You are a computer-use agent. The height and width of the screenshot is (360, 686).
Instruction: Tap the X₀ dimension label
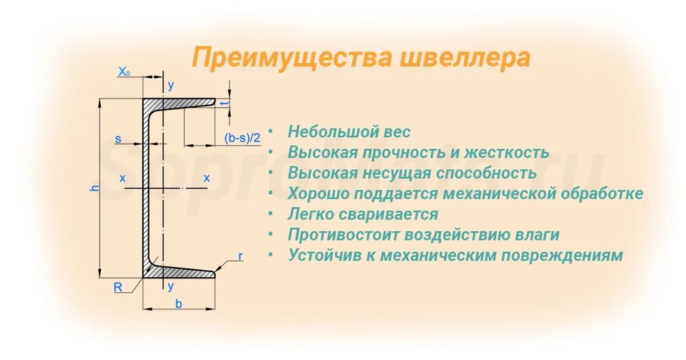(x=124, y=71)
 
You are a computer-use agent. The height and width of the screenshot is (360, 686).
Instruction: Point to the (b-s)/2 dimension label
(x=243, y=138)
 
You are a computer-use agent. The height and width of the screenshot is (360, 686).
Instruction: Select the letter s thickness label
(x=118, y=139)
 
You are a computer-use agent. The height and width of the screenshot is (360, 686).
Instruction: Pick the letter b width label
(x=178, y=304)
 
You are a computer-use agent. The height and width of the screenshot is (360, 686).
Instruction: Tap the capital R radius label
(x=118, y=287)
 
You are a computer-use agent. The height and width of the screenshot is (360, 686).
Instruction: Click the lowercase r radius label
(x=240, y=256)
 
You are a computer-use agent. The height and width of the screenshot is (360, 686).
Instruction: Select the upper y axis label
(x=171, y=85)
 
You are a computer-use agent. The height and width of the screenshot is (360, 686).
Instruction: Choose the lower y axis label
(x=171, y=286)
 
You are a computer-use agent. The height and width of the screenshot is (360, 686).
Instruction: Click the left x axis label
(x=123, y=178)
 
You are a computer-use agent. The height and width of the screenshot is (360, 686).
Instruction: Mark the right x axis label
(x=206, y=178)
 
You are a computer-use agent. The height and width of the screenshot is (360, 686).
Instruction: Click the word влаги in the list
(x=536, y=235)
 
